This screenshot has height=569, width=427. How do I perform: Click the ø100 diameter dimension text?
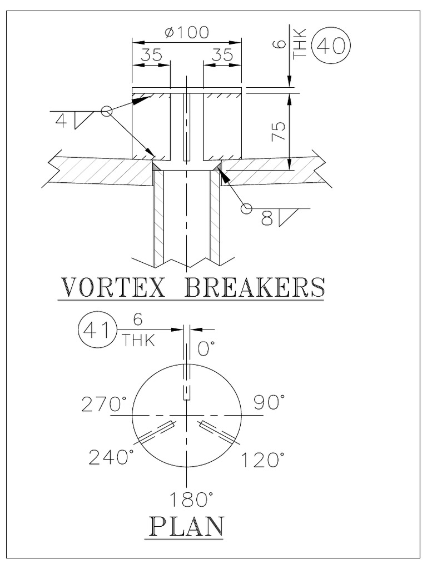(x=187, y=32)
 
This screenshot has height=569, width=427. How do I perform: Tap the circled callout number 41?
(x=95, y=328)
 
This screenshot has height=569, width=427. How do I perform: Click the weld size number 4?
(x=61, y=120)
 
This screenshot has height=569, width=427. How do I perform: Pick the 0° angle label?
(x=206, y=348)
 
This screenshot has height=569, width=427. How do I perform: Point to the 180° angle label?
(x=186, y=499)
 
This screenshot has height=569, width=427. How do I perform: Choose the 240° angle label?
(x=111, y=457)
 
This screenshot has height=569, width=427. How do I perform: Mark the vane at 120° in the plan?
(x=219, y=433)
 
